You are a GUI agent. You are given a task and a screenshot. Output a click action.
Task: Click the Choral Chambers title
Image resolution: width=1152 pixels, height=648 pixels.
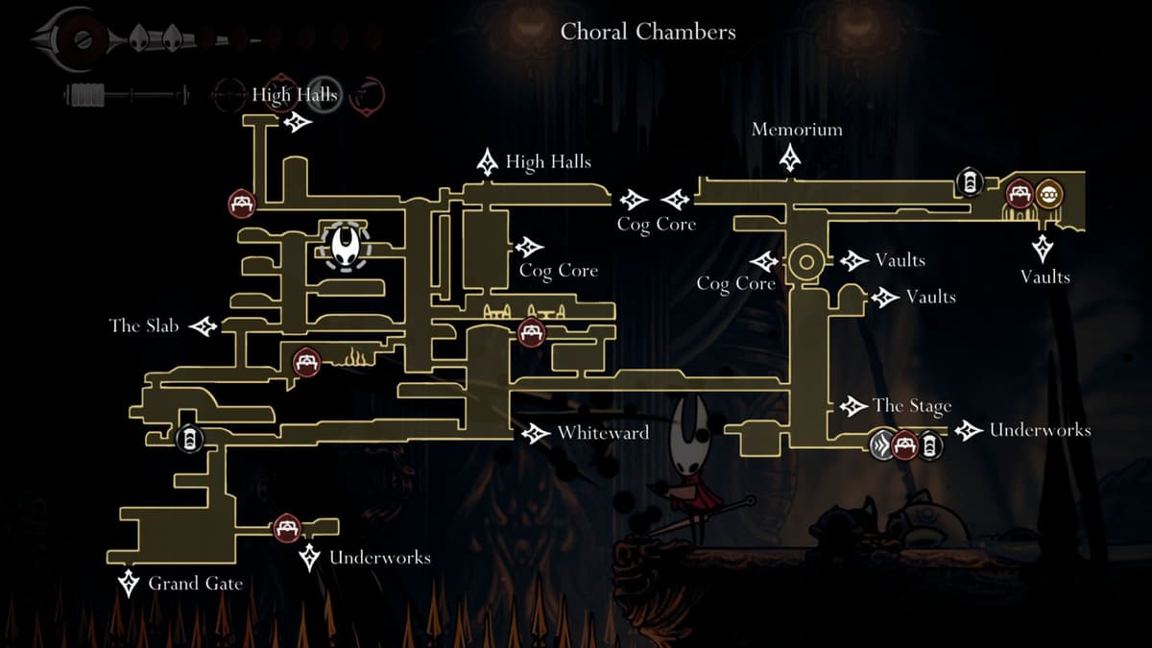pyautogui.click(x=648, y=32)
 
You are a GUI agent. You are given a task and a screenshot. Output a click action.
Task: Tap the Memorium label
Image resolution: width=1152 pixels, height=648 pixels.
pyautogui.click(x=797, y=130)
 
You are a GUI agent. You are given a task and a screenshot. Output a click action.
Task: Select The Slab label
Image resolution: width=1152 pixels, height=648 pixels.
pyautogui.click(x=144, y=326)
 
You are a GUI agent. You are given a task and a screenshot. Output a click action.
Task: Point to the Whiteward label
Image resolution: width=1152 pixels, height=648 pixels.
pyautogui.click(x=603, y=433)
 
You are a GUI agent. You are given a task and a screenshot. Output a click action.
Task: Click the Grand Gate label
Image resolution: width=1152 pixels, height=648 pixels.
pyautogui.click(x=195, y=583)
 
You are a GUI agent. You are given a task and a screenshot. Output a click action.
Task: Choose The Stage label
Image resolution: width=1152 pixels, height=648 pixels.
pyautogui.click(x=911, y=406)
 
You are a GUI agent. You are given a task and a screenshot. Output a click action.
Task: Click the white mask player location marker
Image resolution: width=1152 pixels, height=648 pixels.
pyautogui.click(x=344, y=248)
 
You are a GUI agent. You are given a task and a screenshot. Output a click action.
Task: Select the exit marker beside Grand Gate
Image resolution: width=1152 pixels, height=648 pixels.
pyautogui.click(x=128, y=582)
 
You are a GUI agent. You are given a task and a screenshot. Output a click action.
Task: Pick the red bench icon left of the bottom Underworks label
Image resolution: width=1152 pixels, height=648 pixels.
pyautogui.click(x=286, y=527)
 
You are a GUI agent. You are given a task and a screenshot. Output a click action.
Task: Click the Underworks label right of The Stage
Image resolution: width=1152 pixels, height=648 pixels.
pyautogui.click(x=1040, y=430)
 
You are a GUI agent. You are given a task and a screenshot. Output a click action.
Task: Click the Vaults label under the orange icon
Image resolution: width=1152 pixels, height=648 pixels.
pyautogui.click(x=1044, y=276)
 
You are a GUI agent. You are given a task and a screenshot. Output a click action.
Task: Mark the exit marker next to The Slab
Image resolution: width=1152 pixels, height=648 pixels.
pyautogui.click(x=204, y=327)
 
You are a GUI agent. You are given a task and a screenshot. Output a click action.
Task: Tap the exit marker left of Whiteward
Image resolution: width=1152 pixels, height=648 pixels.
pyautogui.click(x=535, y=434)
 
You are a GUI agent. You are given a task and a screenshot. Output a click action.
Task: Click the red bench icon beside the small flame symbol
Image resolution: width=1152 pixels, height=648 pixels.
pyautogui.click(x=306, y=361)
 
